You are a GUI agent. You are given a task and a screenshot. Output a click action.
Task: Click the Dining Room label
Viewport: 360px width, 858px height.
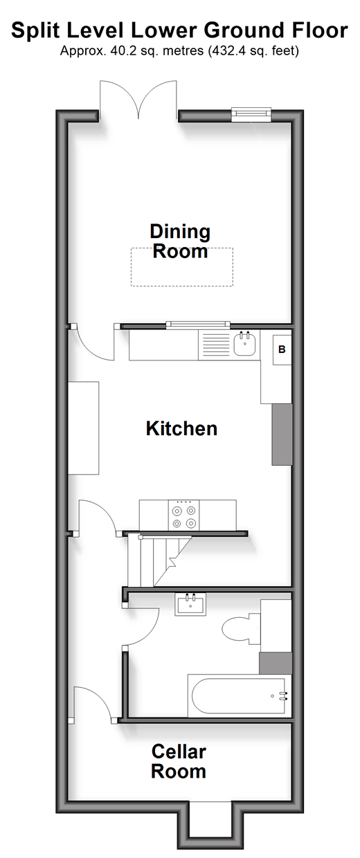point(180,241)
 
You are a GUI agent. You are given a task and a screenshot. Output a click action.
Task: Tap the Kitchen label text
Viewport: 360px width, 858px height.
point(181,428)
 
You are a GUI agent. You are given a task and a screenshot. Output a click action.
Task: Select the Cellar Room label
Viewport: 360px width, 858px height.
point(179,761)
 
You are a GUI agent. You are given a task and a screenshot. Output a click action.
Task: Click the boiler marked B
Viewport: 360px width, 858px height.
point(282,349)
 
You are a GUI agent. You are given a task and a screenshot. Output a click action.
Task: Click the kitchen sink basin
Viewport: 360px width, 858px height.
point(244,344)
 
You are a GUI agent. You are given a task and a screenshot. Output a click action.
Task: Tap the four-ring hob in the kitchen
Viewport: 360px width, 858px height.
point(183,515)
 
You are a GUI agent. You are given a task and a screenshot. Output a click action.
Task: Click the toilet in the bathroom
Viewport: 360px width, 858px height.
point(241,628)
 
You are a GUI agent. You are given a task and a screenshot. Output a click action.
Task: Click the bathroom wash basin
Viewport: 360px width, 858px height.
point(190,604)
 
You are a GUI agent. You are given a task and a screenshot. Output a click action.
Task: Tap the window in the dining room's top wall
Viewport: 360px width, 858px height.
point(251,115)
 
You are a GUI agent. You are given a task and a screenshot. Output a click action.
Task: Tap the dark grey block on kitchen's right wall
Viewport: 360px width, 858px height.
point(282,435)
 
